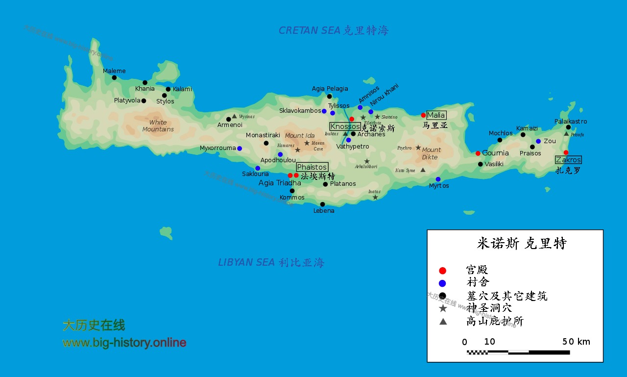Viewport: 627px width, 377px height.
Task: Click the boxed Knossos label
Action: [x=345, y=126]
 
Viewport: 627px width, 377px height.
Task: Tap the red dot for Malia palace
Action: [x=424, y=115]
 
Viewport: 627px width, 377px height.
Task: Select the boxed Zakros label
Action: [x=568, y=160]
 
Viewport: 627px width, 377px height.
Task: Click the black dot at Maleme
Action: [x=114, y=77]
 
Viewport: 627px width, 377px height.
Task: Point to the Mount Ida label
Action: [x=299, y=136]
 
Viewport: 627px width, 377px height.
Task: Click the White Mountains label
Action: [x=158, y=126]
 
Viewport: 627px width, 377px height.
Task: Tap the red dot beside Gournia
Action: [x=478, y=153]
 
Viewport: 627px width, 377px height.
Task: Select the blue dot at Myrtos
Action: [x=438, y=179]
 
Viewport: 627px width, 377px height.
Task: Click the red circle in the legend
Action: [x=443, y=271]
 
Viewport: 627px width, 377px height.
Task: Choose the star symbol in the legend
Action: [x=443, y=308]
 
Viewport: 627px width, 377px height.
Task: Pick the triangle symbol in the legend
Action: [x=443, y=322]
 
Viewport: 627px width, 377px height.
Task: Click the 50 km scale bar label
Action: [x=576, y=342]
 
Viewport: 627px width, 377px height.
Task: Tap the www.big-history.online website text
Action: [x=124, y=343]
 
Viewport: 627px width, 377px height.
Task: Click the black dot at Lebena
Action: [x=322, y=204]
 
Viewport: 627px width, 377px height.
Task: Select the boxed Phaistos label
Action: [x=312, y=167]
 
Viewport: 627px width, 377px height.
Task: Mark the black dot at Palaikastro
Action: [x=568, y=127]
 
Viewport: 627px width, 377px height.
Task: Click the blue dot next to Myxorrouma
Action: [x=240, y=149]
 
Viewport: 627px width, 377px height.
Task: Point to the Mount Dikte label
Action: [x=431, y=153]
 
